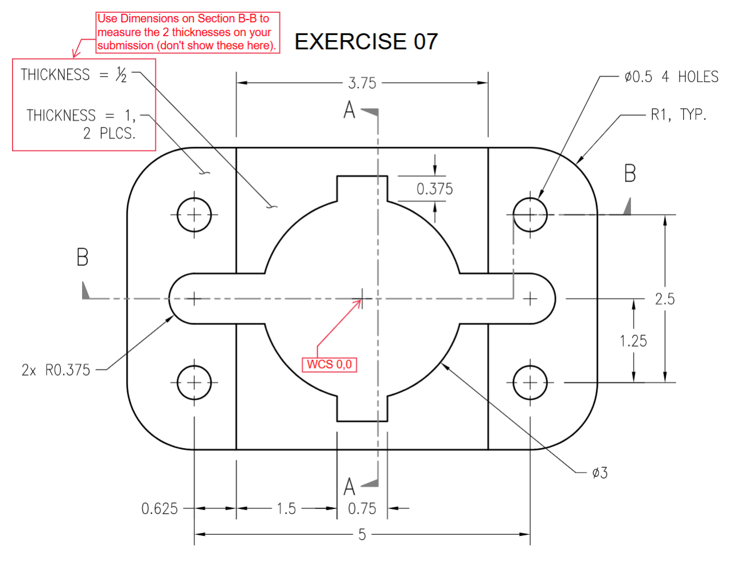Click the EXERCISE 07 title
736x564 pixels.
[366, 41]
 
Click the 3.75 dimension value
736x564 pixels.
[362, 83]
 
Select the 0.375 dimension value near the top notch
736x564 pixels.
[434, 189]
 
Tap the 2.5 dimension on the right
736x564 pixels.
[664, 299]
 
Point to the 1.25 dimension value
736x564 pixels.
[633, 341]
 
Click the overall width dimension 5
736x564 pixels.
[362, 534]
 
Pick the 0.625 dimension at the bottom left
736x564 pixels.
[159, 508]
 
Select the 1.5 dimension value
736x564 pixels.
[286, 508]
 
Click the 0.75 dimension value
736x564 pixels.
[362, 508]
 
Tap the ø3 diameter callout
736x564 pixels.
[599, 473]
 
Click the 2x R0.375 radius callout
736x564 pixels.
[56, 370]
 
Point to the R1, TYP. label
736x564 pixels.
[678, 115]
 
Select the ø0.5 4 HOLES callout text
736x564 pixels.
[671, 77]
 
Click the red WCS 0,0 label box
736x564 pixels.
[329, 365]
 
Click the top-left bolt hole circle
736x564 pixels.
[194, 215]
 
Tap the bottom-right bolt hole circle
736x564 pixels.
[530, 382]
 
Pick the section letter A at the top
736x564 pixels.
[349, 109]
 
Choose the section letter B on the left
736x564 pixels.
[83, 257]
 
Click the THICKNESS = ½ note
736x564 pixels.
[74, 75]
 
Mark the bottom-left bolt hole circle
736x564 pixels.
[194, 382]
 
